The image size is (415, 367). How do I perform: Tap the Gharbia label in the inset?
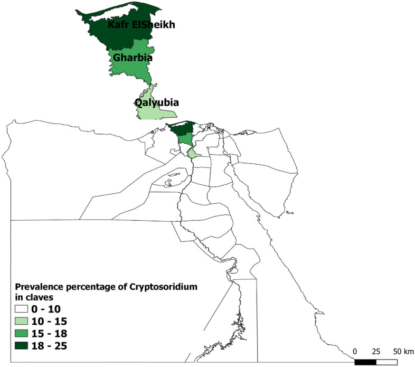tap(128, 57)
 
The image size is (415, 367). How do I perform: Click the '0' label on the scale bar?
tap(355, 351)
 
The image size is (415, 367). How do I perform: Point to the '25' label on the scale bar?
tap(376, 351)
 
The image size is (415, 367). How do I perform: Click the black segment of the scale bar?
tap(365, 362)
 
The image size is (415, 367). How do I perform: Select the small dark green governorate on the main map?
tap(178, 129)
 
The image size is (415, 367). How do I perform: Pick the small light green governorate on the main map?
tap(194, 154)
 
